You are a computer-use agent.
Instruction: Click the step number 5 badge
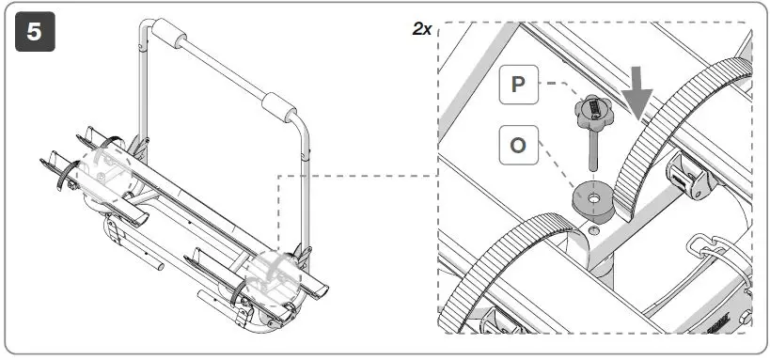pos(35,32)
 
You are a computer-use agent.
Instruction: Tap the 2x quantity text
pos(422,29)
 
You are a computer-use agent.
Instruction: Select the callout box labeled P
pos(519,85)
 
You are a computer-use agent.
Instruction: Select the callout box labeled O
pos(519,145)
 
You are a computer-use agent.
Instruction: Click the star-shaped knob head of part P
pos(593,110)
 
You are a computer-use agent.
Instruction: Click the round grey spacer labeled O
pos(593,201)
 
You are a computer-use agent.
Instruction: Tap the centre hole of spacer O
pos(594,198)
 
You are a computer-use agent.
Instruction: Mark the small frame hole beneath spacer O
pos(593,230)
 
